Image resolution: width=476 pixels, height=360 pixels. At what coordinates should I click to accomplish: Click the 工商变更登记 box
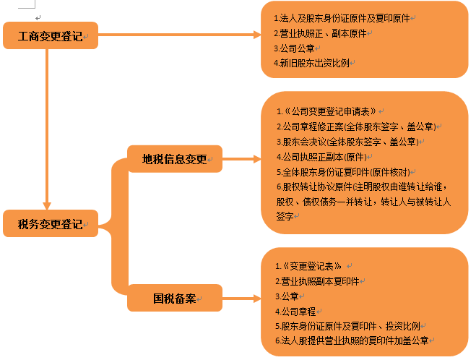pos(51,35)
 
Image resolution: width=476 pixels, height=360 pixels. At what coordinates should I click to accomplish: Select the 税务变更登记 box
pos(51,223)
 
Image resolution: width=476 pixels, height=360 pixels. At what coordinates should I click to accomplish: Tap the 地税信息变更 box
pos(175,158)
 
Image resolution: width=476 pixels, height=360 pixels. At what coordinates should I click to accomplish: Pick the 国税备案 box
pos(175,298)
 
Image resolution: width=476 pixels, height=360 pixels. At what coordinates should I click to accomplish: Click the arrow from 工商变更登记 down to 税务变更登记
pos(47,129)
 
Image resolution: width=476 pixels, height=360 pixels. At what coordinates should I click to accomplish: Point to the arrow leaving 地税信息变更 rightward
pos(242,158)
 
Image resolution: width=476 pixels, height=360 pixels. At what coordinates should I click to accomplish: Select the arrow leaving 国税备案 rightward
pos(242,298)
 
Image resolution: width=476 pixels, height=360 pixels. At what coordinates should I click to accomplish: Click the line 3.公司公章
pos(294,48)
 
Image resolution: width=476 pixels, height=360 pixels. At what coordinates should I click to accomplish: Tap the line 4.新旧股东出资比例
pos(311,63)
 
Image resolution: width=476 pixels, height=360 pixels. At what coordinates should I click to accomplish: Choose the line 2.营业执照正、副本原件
pos(320,33)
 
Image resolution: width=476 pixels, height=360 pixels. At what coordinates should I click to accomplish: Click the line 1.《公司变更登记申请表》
pos(326,111)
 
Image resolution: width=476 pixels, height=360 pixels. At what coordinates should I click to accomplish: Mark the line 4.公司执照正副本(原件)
pos(321,157)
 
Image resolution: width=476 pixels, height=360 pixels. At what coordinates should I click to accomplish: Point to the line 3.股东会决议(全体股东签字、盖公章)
pos(347,142)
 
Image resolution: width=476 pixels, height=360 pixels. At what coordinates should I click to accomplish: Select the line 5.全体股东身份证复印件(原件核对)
pos(343,172)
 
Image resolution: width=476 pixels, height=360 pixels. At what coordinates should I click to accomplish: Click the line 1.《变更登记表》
pos(308,266)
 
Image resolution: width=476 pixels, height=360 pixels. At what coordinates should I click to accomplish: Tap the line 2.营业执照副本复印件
pos(317,281)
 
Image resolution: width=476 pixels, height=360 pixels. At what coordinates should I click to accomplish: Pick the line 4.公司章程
pos(295,312)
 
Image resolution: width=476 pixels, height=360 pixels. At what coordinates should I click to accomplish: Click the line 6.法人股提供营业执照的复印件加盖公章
pos(352,340)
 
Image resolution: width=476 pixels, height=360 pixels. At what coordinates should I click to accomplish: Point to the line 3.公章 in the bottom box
pos(287,296)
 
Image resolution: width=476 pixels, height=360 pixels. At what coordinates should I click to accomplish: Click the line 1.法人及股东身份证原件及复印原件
pos(342,18)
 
